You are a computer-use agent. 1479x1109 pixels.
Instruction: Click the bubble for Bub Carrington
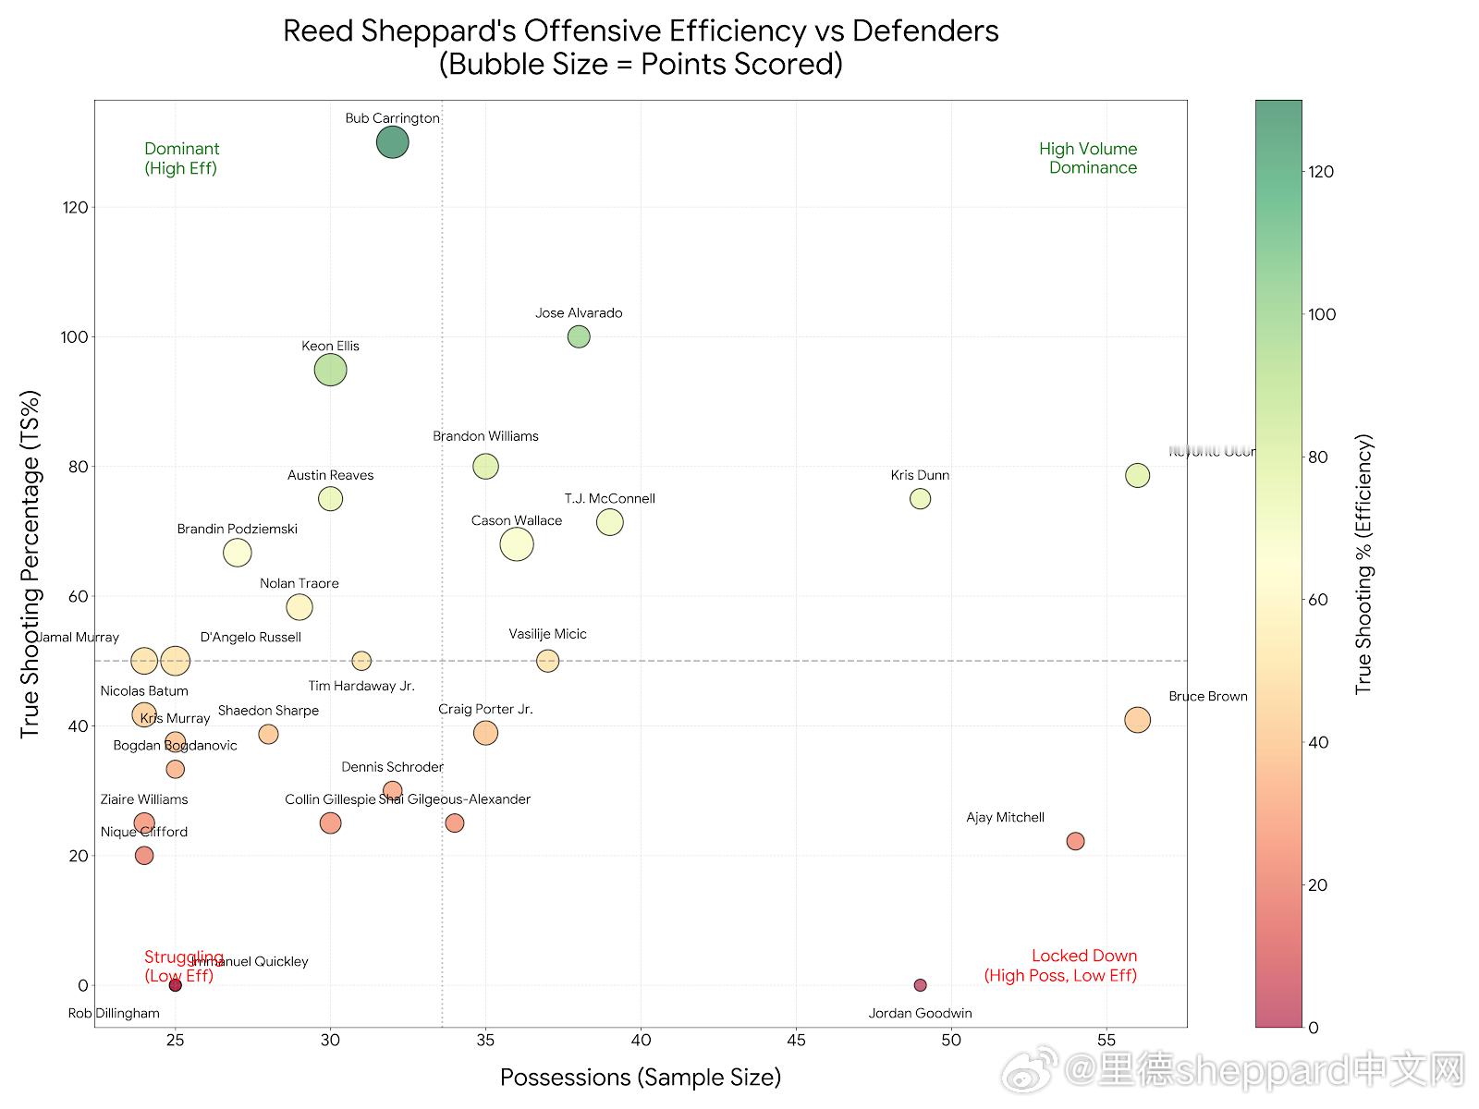pyautogui.click(x=393, y=142)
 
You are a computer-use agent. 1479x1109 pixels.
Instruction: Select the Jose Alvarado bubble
pyautogui.click(x=579, y=336)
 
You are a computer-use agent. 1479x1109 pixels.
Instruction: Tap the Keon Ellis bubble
pyautogui.click(x=330, y=370)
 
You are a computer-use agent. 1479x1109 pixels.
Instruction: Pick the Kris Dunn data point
pyautogui.click(x=920, y=498)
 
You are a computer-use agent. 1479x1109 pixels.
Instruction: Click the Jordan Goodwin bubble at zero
pyautogui.click(x=920, y=985)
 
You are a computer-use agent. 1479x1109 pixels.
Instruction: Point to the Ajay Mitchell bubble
pyautogui.click(x=1075, y=841)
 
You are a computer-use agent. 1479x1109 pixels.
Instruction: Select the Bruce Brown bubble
pyautogui.click(x=1137, y=720)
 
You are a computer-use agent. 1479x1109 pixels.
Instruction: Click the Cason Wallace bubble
pyautogui.click(x=517, y=544)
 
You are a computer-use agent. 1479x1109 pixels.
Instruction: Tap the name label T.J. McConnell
pyautogui.click(x=609, y=499)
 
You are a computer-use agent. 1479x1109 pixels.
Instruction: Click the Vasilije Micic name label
pyautogui.click(x=547, y=634)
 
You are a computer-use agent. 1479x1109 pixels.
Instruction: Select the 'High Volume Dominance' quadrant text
pyautogui.click(x=1088, y=158)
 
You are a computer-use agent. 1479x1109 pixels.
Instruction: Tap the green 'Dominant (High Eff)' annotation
pyautogui.click(x=181, y=158)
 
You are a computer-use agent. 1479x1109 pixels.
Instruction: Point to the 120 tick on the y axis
pyautogui.click(x=76, y=208)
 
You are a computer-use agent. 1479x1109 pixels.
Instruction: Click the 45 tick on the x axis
pyautogui.click(x=796, y=1040)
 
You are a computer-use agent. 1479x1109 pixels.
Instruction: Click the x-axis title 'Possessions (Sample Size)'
pyautogui.click(x=640, y=1077)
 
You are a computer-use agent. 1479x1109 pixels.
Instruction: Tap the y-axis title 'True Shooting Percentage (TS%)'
pyautogui.click(x=31, y=564)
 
